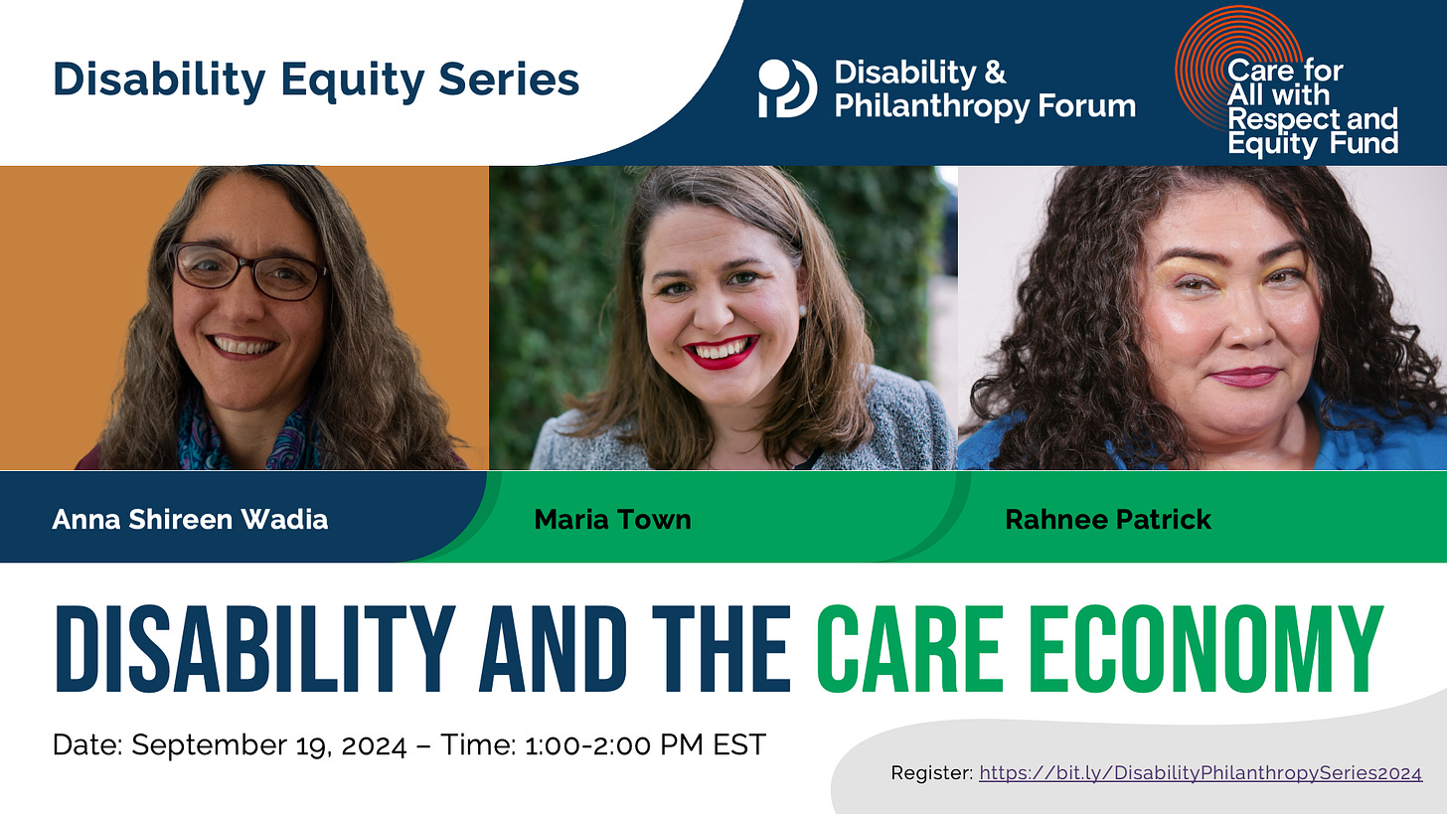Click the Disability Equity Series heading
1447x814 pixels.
click(315, 80)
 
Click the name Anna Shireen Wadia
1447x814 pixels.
click(190, 519)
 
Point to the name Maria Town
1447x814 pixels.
click(612, 519)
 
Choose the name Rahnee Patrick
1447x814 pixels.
click(1108, 519)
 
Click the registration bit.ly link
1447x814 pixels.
click(1200, 772)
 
